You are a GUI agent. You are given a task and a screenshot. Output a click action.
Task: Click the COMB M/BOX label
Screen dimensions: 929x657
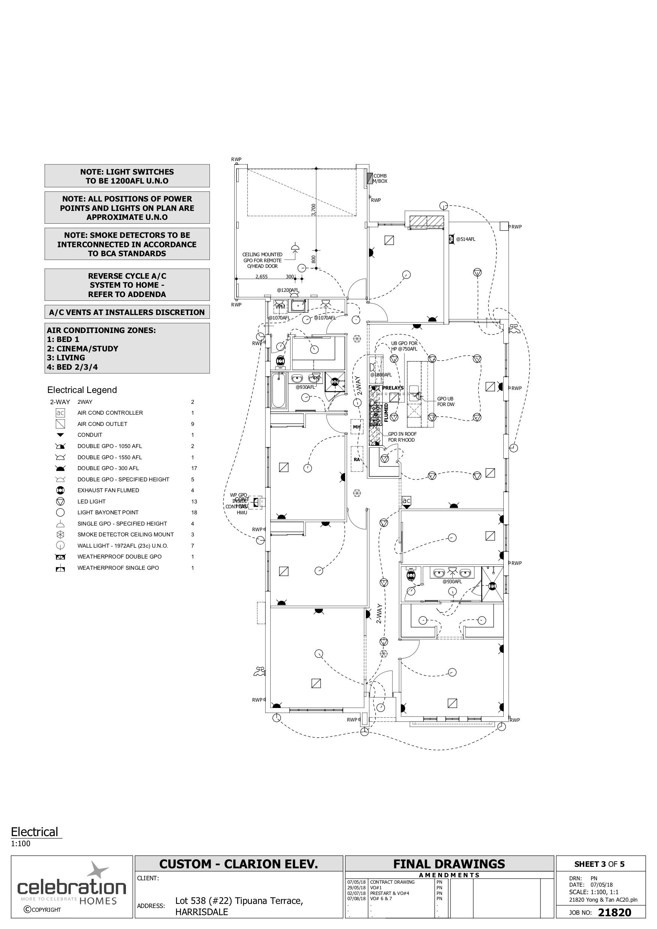tap(380, 178)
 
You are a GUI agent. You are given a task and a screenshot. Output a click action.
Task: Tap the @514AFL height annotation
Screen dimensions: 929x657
tap(465, 239)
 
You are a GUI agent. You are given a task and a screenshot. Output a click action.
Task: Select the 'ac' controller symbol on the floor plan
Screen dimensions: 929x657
tap(406, 501)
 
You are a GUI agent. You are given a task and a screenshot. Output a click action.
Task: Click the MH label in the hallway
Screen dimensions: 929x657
tap(357, 427)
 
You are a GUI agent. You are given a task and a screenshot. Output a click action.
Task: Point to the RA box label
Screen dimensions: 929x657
tap(357, 459)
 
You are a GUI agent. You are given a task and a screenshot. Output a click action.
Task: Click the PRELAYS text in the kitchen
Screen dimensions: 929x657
tap(393, 388)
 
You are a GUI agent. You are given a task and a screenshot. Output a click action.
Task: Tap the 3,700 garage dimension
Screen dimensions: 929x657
tap(314, 210)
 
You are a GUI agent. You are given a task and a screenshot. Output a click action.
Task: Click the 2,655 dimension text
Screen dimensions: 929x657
tap(262, 277)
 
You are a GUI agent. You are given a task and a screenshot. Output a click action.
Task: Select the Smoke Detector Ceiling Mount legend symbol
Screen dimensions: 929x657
tap(60, 535)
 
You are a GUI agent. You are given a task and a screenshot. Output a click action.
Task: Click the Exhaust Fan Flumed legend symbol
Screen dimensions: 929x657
tap(60, 490)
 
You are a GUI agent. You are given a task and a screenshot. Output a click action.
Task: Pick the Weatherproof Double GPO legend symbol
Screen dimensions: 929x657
tap(60, 557)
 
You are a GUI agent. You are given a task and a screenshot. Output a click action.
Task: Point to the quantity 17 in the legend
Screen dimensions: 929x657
tap(194, 468)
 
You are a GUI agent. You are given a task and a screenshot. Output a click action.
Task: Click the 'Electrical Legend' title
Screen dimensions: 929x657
tap(82, 390)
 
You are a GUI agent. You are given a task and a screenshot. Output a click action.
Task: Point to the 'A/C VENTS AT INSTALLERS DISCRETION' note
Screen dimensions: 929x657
tap(127, 312)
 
